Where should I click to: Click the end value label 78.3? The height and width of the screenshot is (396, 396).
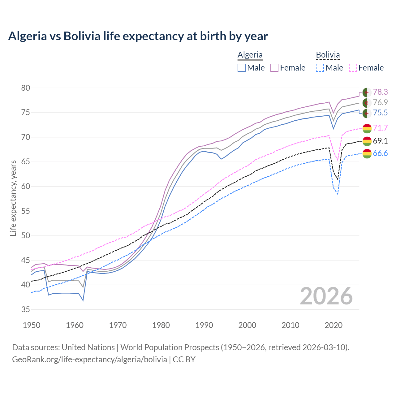click(380, 92)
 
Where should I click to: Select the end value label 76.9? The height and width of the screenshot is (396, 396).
click(380, 102)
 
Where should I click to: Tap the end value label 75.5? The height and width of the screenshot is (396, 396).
click(380, 113)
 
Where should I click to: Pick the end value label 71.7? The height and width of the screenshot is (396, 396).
click(380, 128)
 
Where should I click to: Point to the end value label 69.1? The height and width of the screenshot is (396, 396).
click(380, 141)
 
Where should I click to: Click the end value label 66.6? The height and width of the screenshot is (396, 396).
click(380, 153)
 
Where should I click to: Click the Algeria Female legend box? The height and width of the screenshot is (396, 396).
click(274, 68)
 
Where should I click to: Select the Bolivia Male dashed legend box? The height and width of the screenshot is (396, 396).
click(320, 68)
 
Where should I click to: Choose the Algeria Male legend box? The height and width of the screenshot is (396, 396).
click(242, 68)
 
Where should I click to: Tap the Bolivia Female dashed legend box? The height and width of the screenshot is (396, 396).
click(353, 68)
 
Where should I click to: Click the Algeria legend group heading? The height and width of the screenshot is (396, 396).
click(250, 55)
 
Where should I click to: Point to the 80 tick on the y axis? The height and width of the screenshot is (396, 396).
click(26, 88)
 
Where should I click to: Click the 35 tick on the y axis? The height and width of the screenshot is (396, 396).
click(26, 309)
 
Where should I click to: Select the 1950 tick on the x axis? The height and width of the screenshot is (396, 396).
click(32, 325)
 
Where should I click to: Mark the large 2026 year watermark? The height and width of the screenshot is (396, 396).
click(326, 296)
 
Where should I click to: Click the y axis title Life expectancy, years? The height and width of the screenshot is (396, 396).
click(13, 198)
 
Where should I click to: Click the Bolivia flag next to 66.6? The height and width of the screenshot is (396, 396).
click(367, 153)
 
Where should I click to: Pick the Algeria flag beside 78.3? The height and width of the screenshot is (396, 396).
click(367, 92)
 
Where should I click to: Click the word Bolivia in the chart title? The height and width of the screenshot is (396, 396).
click(82, 36)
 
